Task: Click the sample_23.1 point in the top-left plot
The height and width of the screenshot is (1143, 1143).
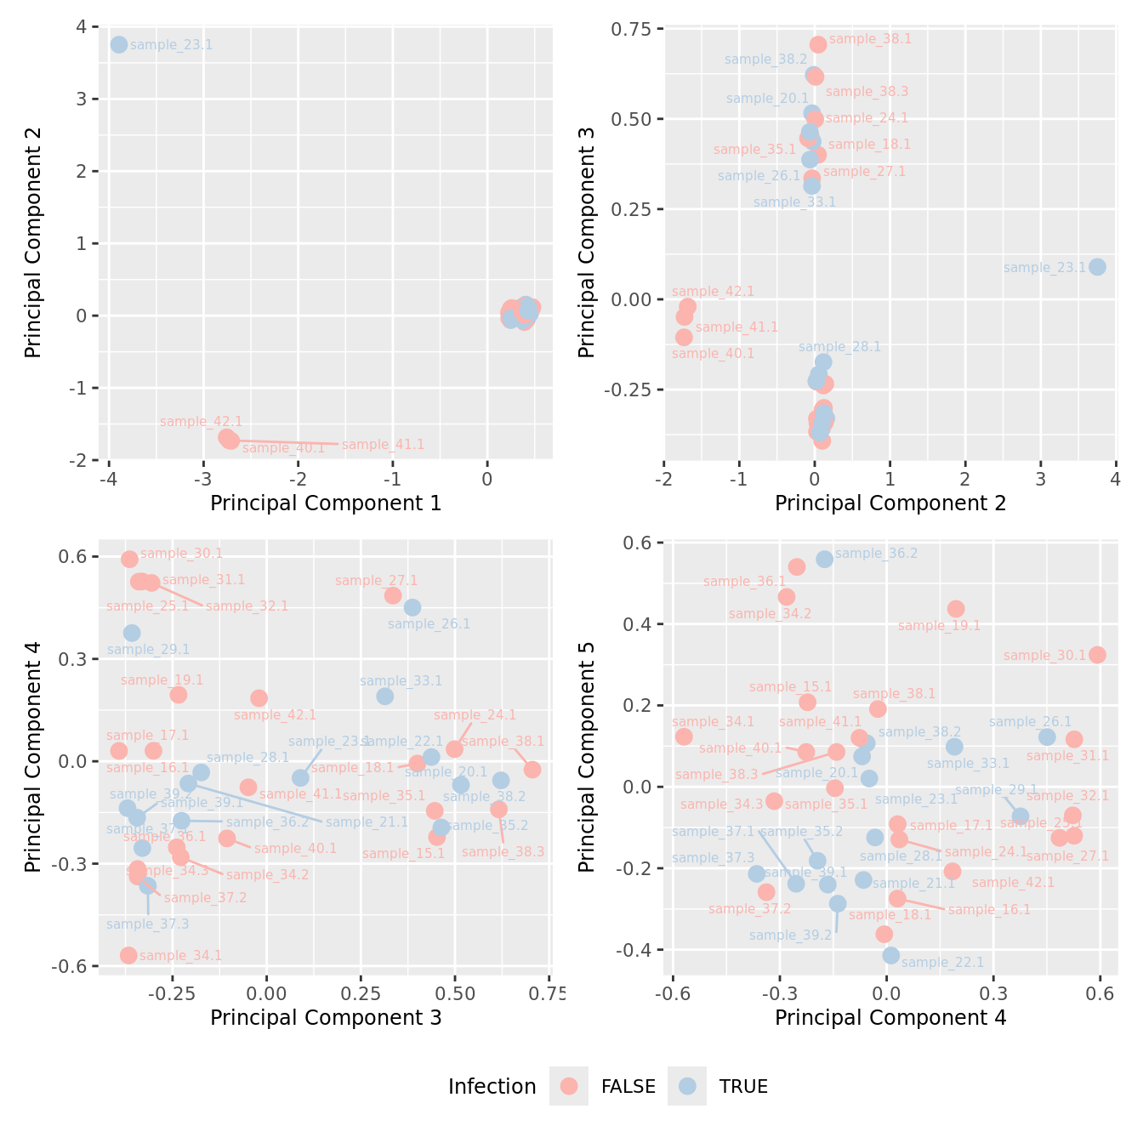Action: (x=119, y=44)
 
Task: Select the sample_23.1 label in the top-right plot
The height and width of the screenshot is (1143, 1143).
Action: (x=1044, y=267)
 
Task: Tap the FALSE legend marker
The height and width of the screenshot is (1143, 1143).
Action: (x=569, y=1086)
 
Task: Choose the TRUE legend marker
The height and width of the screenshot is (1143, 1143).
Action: (x=687, y=1086)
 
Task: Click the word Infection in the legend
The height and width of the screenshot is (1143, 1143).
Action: (x=492, y=1086)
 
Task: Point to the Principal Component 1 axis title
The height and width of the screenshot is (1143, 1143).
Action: (x=326, y=503)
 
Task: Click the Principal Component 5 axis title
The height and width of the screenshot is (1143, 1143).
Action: (x=586, y=757)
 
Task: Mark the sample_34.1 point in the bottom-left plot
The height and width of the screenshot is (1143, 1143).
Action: (x=128, y=955)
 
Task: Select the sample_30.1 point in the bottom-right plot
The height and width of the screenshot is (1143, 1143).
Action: (x=1097, y=655)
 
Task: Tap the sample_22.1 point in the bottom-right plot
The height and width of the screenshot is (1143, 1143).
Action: (x=890, y=955)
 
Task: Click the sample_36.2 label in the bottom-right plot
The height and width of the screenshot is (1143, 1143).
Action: (x=876, y=554)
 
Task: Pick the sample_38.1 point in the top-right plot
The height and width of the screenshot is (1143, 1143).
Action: (x=818, y=44)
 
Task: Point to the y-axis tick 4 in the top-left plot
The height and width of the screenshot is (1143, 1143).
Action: (x=81, y=26)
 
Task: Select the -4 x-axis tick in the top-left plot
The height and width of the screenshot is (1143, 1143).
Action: (x=108, y=478)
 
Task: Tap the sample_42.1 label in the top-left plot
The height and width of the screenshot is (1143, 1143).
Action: (x=201, y=422)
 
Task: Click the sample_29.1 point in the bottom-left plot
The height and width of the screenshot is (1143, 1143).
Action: (x=132, y=633)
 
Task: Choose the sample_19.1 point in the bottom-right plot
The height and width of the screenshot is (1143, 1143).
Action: (x=955, y=609)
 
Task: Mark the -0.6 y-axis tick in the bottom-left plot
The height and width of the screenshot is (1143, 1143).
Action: (x=70, y=966)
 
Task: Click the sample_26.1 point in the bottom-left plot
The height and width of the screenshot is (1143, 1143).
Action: (x=412, y=607)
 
